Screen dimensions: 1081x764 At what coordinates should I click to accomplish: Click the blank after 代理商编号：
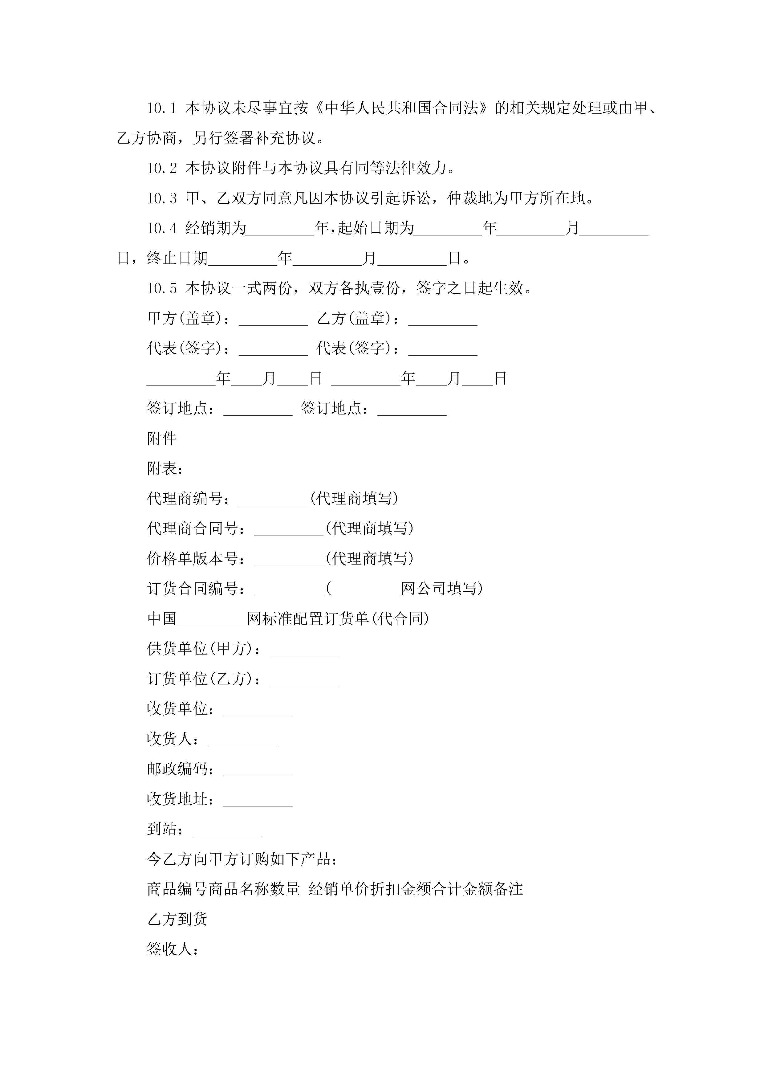273,500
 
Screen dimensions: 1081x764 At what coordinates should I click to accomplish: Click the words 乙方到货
177,920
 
